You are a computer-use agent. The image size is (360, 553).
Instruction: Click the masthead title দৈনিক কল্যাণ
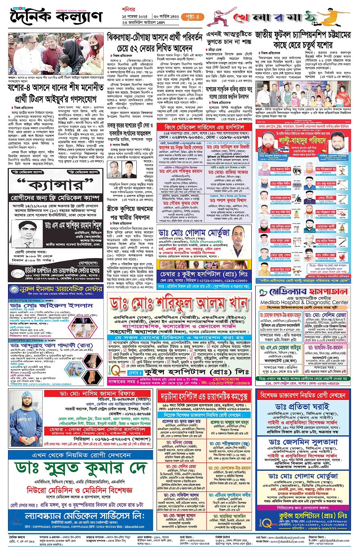56,17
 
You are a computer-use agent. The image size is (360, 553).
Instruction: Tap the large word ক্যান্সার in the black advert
56,185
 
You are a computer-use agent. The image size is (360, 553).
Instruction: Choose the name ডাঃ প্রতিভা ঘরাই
303,407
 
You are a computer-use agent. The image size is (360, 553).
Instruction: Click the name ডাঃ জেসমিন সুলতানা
303,442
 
